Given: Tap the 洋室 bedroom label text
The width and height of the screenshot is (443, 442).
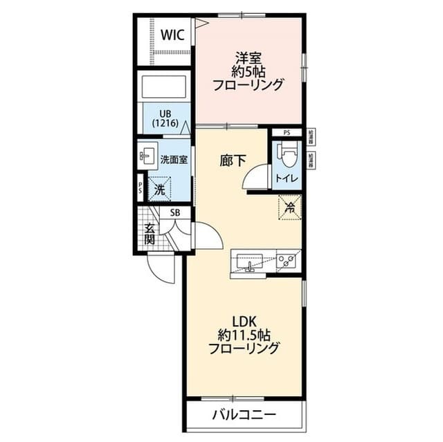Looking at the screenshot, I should (247, 57).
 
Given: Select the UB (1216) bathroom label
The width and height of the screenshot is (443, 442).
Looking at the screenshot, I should (166, 118).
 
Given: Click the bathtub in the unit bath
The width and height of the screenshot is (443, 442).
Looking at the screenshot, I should (165, 88).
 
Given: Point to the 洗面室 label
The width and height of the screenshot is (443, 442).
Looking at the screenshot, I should (174, 159).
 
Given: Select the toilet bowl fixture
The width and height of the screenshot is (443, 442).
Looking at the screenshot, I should (286, 154).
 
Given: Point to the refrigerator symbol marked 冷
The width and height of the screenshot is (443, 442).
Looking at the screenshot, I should (290, 207).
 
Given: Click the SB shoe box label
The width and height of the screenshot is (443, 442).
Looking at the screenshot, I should (175, 213).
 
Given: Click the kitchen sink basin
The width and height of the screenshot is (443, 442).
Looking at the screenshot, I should (248, 262).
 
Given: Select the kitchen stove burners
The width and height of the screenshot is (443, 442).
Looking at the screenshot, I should (287, 261).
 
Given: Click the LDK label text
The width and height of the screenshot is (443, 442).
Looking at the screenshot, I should (244, 321).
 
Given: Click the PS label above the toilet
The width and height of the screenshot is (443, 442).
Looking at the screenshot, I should (287, 133).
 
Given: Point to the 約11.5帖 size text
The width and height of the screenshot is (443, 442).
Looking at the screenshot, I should (244, 335).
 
